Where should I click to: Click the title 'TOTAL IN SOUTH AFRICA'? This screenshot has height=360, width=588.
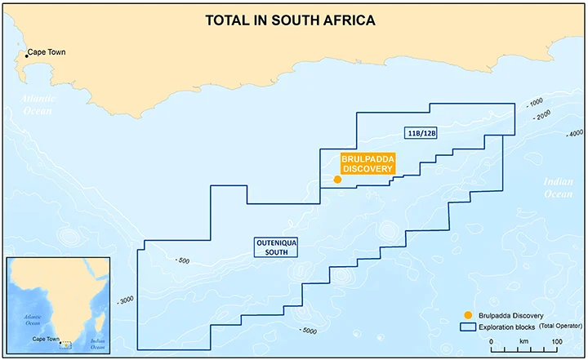pyautogui.click(x=290, y=20)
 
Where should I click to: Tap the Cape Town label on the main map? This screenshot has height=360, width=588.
pyautogui.click(x=46, y=53)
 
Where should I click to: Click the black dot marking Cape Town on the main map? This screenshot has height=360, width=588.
pyautogui.click(x=26, y=56)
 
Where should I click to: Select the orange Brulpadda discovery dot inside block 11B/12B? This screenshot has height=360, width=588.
pyautogui.click(x=337, y=180)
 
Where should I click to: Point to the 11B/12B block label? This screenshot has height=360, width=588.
pyautogui.click(x=421, y=133)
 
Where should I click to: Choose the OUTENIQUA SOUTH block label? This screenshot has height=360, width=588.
pyautogui.click(x=273, y=247)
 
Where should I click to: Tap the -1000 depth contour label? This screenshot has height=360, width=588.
pyautogui.click(x=535, y=102)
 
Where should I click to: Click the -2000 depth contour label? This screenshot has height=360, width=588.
pyautogui.click(x=540, y=115)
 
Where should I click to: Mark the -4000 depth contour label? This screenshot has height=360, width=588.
pyautogui.click(x=573, y=133)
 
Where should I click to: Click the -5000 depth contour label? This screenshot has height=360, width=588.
pyautogui.click(x=308, y=330)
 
